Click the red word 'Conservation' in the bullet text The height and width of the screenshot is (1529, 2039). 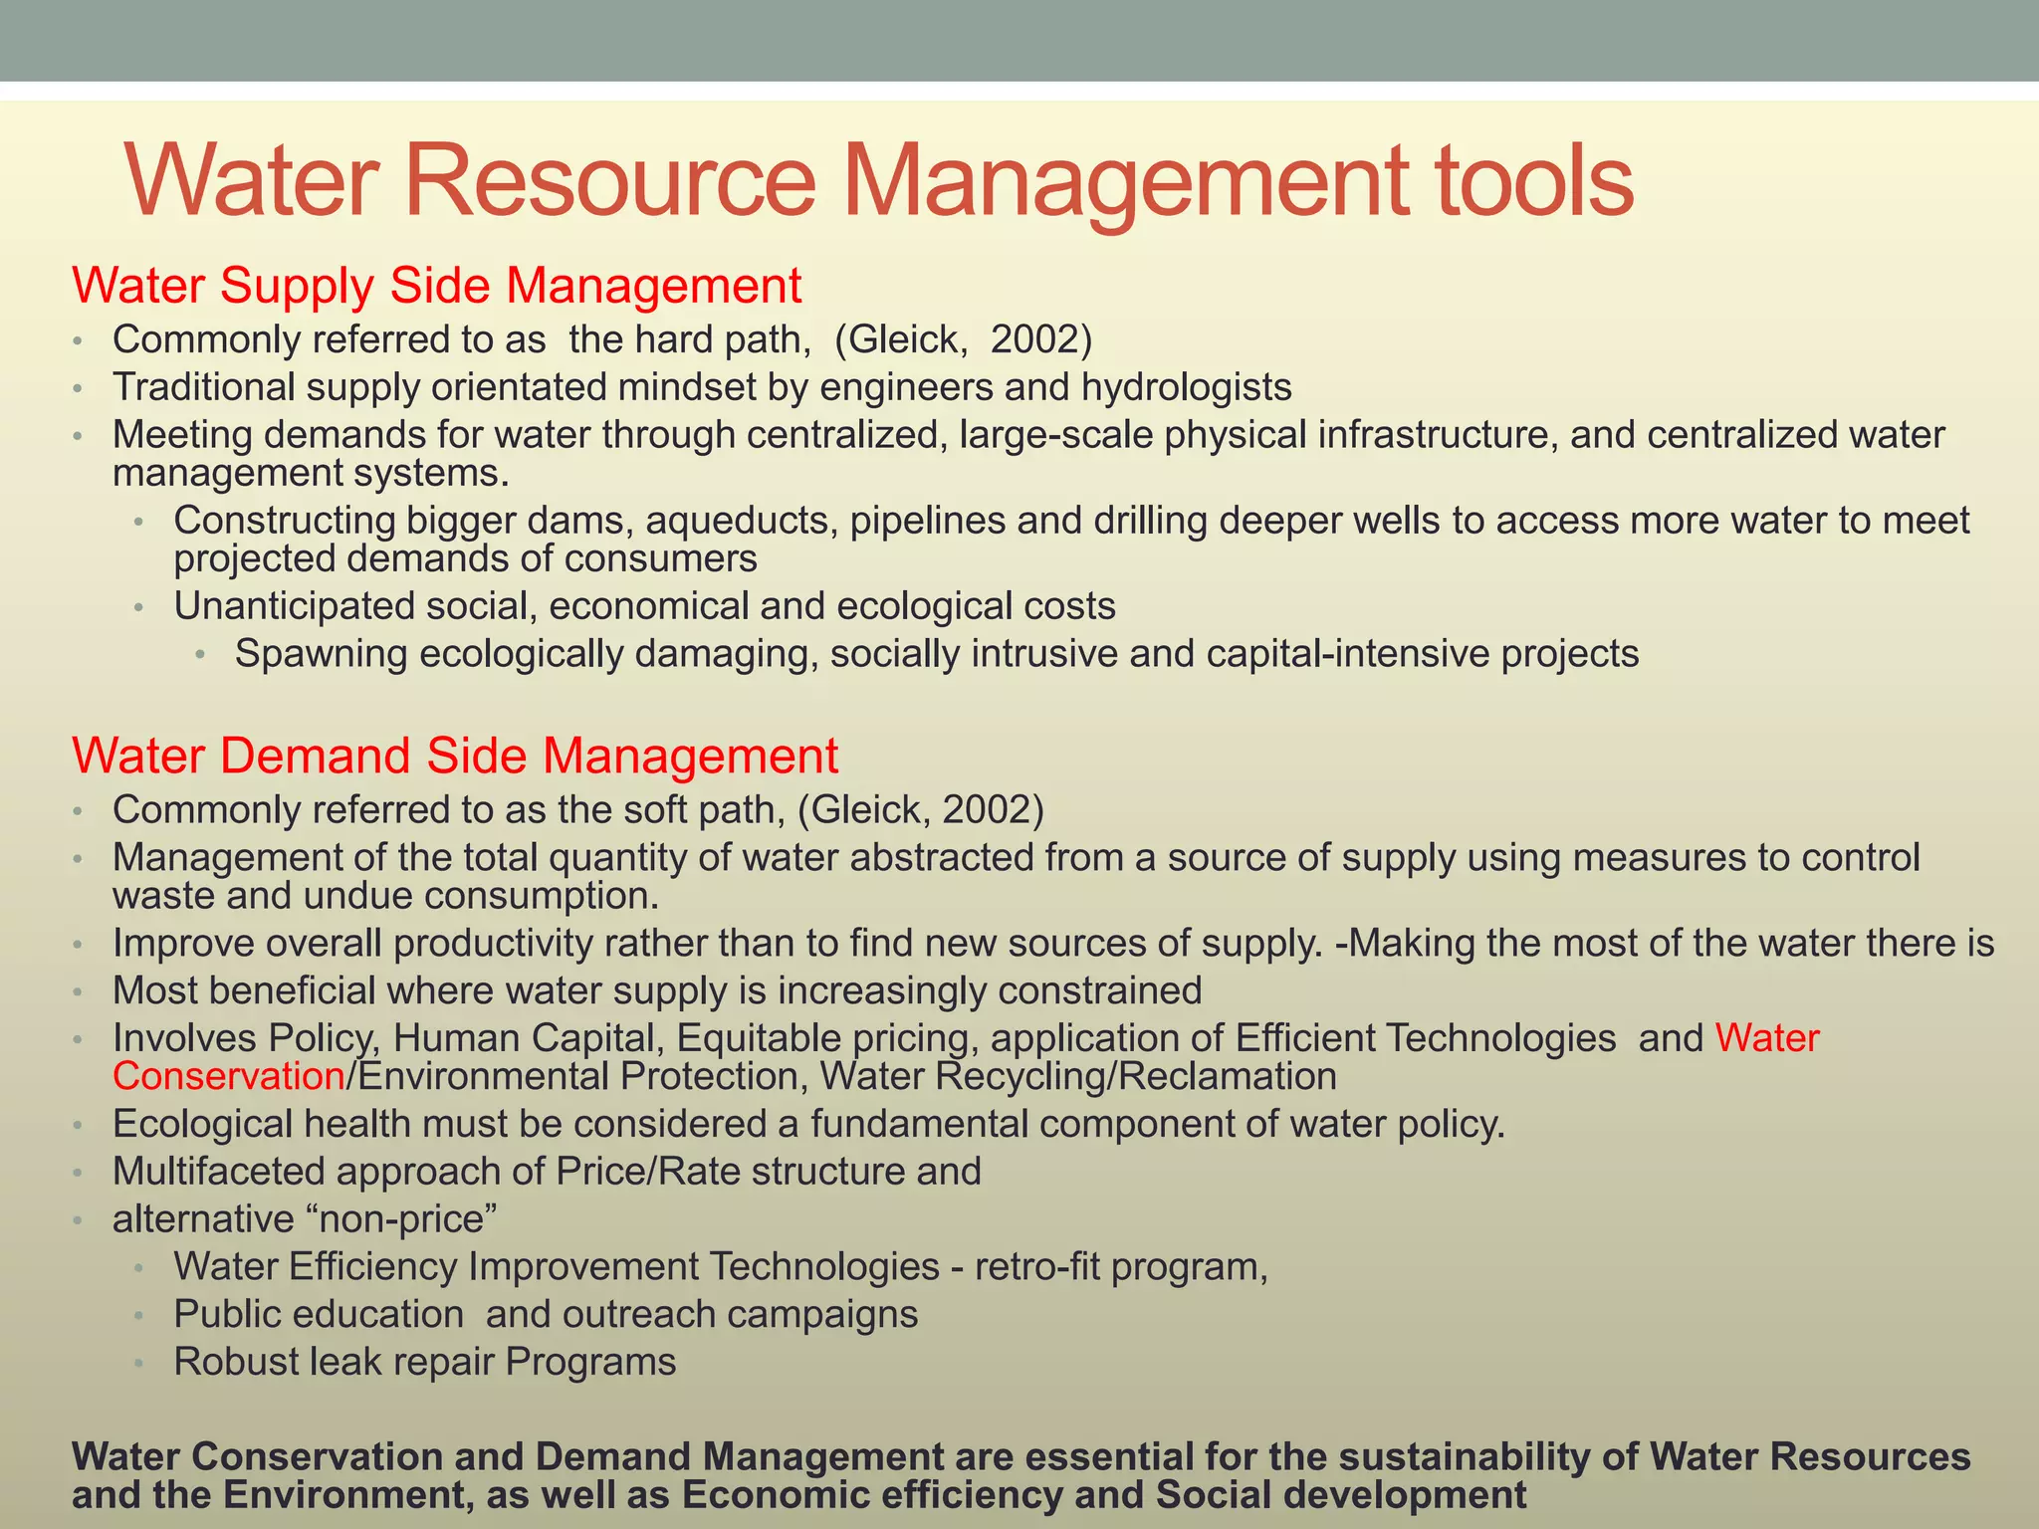pyautogui.click(x=228, y=1076)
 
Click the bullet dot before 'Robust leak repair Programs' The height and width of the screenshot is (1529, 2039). pyautogui.click(x=140, y=1363)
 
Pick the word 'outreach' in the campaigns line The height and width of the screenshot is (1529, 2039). pyautogui.click(x=638, y=1314)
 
